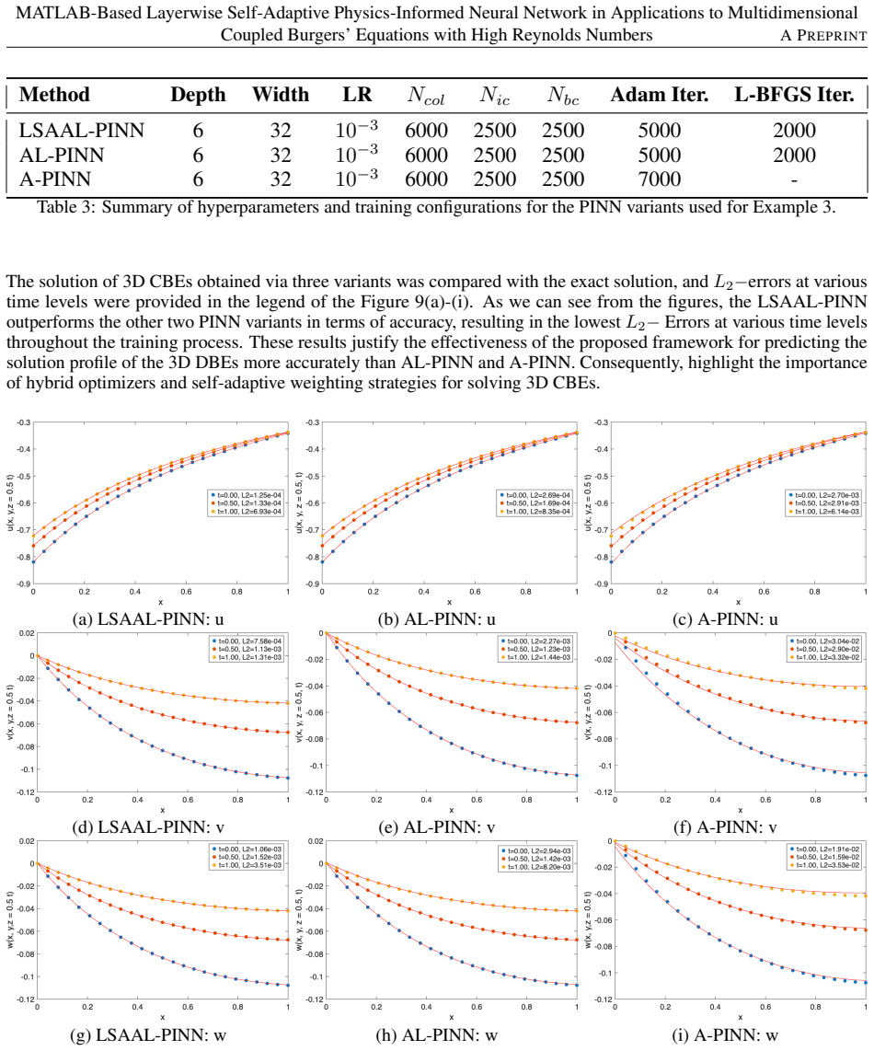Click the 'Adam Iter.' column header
point(660,95)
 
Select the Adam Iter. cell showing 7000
point(660,179)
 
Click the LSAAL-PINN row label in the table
point(81,130)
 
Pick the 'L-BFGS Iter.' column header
point(794,95)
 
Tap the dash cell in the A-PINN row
point(794,180)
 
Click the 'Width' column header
point(281,95)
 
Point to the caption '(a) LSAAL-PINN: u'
point(149,618)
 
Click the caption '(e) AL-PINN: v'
point(436,827)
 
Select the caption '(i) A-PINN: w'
point(725,1035)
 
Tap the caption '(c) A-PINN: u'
point(725,618)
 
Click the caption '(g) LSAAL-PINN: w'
point(148,1035)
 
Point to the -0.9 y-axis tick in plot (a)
point(23,583)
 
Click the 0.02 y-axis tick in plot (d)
point(27,633)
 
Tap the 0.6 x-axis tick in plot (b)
point(475,592)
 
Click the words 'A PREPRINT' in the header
point(823,36)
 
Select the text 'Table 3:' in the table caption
point(65,206)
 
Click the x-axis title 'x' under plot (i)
point(740,1018)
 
